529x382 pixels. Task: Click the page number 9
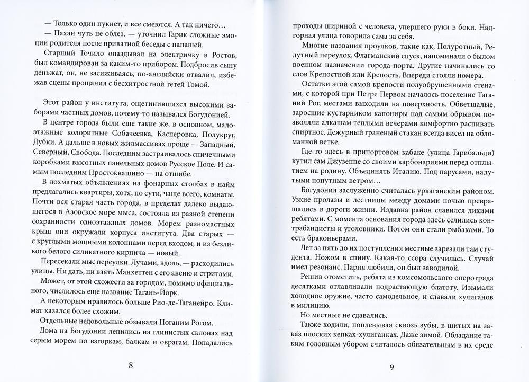click(x=392, y=365)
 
